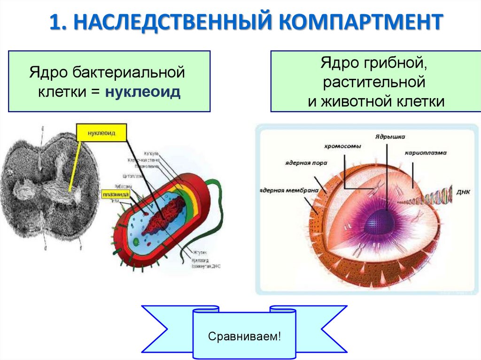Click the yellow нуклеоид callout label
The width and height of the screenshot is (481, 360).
click(x=101, y=133)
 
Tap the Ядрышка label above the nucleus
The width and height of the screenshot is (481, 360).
click(x=390, y=137)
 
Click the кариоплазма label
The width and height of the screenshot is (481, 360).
click(x=426, y=153)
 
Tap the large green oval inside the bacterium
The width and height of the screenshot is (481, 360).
click(x=136, y=242)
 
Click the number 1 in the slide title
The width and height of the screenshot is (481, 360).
click(x=55, y=23)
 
